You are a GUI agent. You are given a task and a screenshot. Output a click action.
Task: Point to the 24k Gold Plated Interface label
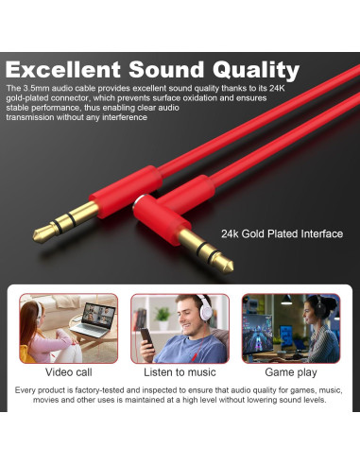pyautogui.click(x=282, y=233)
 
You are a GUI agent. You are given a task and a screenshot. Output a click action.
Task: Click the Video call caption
pyautogui.click(x=69, y=372)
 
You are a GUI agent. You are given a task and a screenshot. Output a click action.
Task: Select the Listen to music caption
pyautogui.click(x=180, y=372)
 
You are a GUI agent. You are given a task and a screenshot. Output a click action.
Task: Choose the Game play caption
pyautogui.click(x=290, y=372)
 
